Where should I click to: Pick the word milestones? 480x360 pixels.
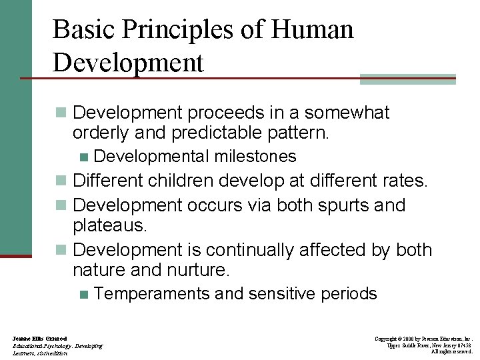(255, 156)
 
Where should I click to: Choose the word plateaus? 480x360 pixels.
(109, 225)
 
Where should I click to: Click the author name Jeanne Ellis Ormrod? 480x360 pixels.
(40, 339)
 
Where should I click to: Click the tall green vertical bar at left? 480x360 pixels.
(15, 127)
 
